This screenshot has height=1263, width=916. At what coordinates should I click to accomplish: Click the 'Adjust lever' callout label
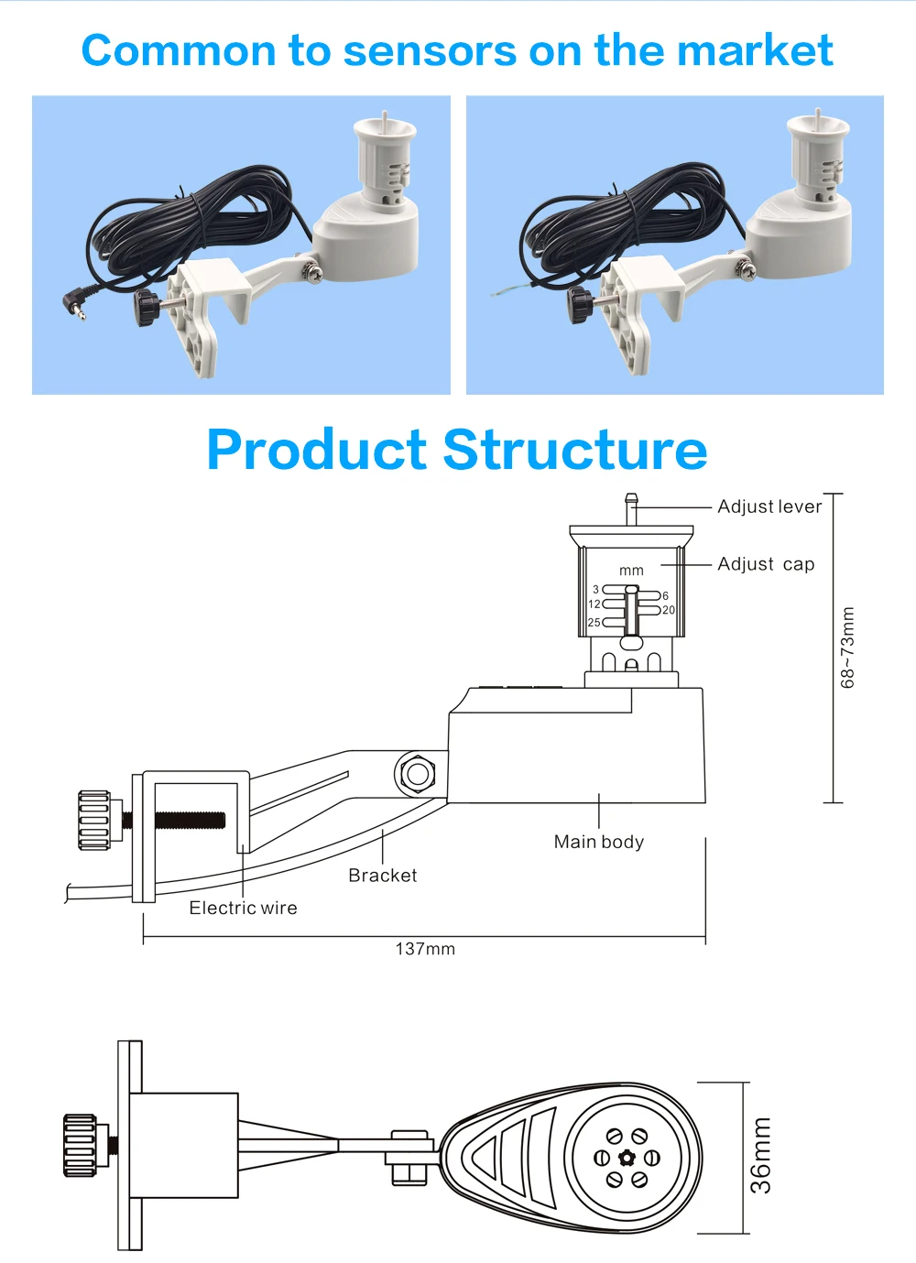pyautogui.click(x=769, y=506)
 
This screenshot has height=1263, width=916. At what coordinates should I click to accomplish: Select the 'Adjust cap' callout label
pyautogui.click(x=766, y=564)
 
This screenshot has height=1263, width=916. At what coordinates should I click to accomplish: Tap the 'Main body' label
pyautogui.click(x=599, y=842)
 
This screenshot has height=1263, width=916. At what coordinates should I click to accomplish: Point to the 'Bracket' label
pyautogui.click(x=382, y=876)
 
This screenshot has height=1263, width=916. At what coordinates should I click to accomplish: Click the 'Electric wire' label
pyautogui.click(x=243, y=908)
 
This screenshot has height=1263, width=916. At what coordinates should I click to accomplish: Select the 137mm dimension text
pyautogui.click(x=425, y=949)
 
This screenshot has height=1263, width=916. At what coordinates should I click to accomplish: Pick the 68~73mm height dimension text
pyautogui.click(x=847, y=647)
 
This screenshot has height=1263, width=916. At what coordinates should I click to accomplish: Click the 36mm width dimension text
pyautogui.click(x=760, y=1156)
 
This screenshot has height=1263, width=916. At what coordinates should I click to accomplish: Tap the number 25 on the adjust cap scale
pyautogui.click(x=594, y=623)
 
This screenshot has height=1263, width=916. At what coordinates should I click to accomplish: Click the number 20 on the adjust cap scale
pyautogui.click(x=669, y=610)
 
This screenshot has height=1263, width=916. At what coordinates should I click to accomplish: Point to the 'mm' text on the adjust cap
pyautogui.click(x=631, y=571)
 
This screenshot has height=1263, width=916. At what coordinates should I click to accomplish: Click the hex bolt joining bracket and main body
pyautogui.click(x=418, y=774)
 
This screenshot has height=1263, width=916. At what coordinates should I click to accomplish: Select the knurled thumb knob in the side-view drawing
pyautogui.click(x=93, y=821)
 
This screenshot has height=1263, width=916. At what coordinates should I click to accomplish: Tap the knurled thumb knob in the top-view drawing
pyautogui.click(x=80, y=1145)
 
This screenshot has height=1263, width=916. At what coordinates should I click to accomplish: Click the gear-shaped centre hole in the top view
pyautogui.click(x=627, y=1159)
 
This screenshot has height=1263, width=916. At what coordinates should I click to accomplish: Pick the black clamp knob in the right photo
pyautogui.click(x=579, y=305)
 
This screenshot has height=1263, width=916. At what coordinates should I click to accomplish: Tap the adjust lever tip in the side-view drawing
pyautogui.click(x=631, y=499)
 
